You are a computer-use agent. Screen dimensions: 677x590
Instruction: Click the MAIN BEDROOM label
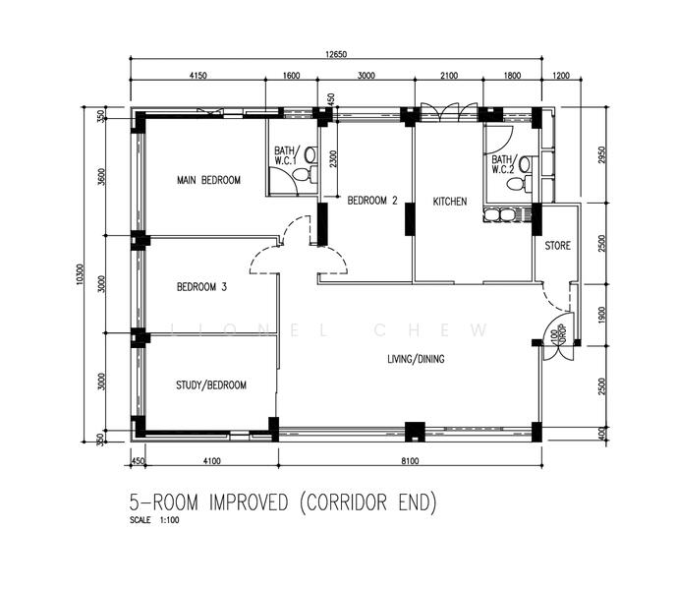208,180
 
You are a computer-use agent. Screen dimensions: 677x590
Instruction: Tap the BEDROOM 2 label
372,201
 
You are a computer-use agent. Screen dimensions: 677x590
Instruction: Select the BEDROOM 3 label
201,286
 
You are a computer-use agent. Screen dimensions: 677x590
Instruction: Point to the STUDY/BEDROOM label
211,385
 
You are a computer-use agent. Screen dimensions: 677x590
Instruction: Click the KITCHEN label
450,202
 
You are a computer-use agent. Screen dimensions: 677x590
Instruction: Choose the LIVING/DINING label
416,359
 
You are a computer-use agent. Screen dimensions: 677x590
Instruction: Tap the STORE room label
557,246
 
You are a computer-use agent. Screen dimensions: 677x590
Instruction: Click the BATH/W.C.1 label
285,155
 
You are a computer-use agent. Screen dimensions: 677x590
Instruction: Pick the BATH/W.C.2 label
502,164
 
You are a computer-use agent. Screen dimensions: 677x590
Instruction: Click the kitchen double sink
499,215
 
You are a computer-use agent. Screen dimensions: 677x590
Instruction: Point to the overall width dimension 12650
336,54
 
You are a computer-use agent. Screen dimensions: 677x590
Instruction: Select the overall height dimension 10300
79,274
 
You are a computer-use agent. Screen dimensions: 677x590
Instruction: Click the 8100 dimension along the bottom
410,461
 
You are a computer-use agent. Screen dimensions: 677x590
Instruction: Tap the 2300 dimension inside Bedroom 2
331,159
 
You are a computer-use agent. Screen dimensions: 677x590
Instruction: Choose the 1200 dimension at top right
561,76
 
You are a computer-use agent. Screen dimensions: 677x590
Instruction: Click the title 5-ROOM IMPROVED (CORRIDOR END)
283,502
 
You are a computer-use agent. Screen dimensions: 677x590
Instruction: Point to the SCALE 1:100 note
154,520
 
